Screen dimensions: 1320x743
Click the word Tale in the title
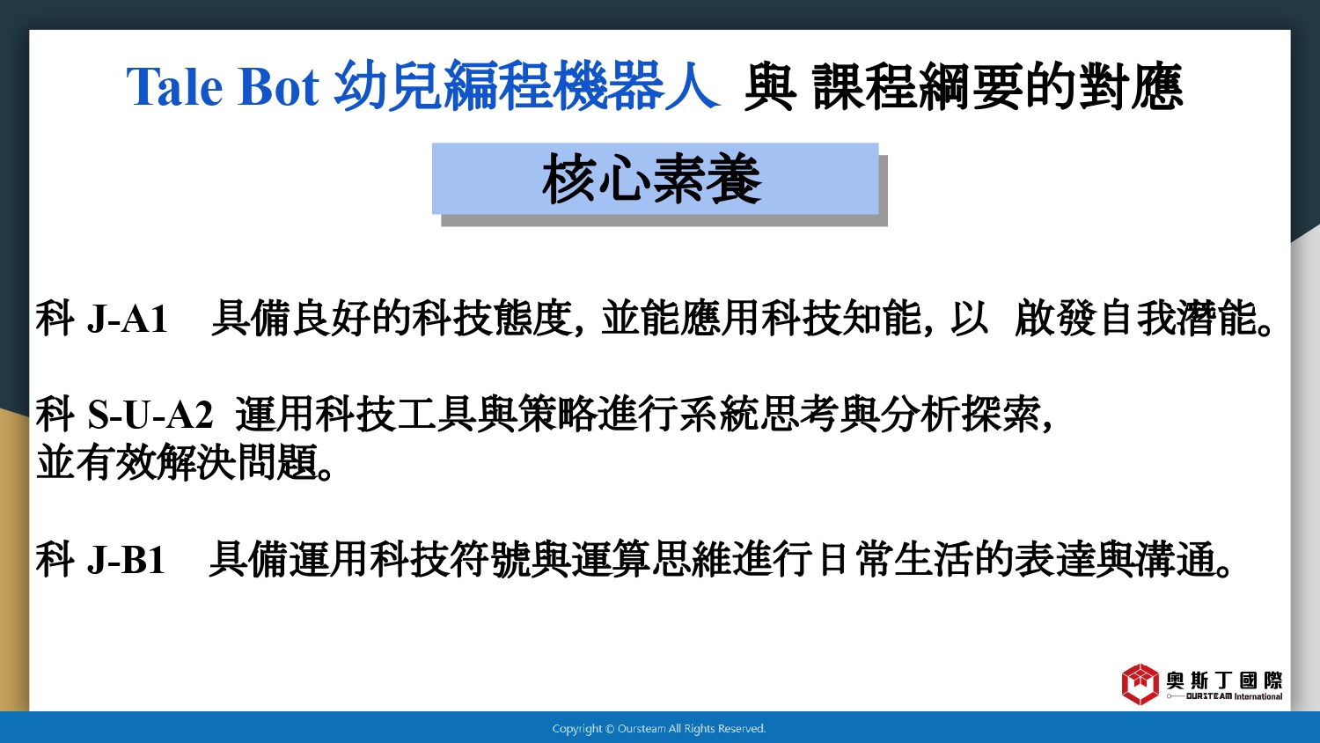174,86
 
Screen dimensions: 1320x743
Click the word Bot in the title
278,86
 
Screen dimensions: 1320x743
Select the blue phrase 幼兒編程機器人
527,86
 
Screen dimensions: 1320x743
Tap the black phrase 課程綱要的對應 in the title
998,86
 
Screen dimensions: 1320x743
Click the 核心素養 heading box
656,179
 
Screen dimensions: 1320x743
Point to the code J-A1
128,319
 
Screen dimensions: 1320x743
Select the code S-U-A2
150,415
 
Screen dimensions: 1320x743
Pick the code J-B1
126,560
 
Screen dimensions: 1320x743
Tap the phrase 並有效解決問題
185,462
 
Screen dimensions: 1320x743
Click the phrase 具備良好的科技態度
392,318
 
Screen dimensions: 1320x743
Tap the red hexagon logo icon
1140,684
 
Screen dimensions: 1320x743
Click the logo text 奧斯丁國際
1225,680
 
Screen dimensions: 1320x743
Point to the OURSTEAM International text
1234,696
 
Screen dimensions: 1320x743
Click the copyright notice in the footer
659,729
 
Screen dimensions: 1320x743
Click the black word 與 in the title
770,86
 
